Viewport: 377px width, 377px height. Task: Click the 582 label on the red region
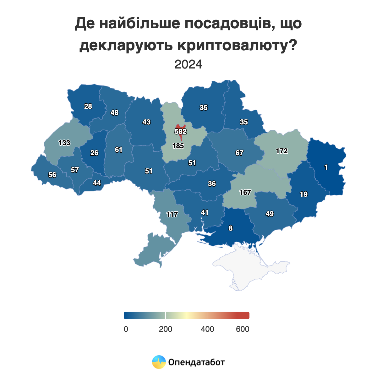181,131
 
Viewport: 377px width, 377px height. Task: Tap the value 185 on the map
178,146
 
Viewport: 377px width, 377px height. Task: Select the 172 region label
282,151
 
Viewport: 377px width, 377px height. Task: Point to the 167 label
245,192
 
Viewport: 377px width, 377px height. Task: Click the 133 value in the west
64,143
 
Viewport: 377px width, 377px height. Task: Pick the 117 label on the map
172,215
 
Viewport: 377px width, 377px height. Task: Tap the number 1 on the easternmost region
326,167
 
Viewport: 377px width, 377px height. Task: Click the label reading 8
231,228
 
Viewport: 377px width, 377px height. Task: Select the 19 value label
303,194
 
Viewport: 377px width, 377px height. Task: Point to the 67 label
239,153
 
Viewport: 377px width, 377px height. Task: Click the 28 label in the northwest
88,107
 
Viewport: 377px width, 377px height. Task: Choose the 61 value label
118,150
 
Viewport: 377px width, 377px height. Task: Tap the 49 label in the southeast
270,214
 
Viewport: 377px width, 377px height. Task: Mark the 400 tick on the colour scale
207,329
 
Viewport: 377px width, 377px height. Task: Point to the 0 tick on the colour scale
126,329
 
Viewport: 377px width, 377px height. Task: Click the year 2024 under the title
188,64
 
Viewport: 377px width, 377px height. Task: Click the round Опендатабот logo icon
159,362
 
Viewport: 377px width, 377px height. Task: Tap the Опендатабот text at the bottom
197,362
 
